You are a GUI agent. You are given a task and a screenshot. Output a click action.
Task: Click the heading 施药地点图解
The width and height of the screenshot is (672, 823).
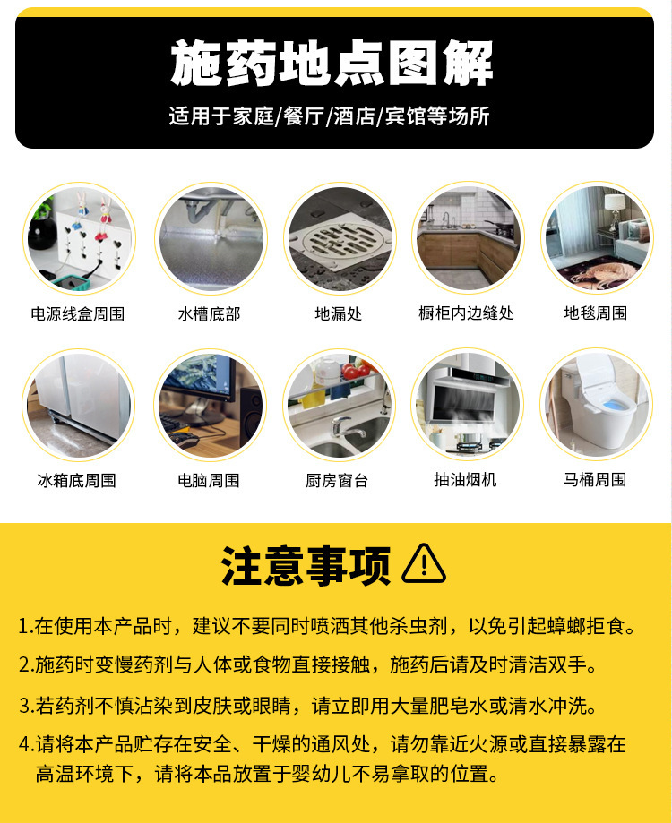coord(332,63)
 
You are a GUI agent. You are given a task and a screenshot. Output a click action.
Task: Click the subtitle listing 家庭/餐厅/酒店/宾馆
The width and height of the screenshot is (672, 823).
coord(329,117)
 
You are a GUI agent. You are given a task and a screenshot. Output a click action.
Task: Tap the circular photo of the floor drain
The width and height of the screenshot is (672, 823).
coord(340,237)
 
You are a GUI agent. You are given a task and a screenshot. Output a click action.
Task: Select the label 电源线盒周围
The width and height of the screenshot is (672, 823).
coord(78,313)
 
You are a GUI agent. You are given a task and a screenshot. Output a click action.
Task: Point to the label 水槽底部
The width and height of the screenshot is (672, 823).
coord(209,313)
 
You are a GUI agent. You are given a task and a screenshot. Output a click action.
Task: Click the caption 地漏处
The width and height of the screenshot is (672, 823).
coord(339,313)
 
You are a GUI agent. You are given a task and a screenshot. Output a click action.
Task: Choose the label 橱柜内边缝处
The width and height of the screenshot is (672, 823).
coord(466,313)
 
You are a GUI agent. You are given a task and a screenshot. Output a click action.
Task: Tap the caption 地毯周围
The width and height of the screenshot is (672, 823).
coord(595,313)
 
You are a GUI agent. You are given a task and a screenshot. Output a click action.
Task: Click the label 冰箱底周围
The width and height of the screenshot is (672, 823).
coord(77,480)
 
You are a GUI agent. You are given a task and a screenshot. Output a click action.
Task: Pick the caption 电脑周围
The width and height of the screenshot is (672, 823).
coord(209,480)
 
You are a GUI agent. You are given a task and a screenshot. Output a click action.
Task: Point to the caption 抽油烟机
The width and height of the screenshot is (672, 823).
coord(465,480)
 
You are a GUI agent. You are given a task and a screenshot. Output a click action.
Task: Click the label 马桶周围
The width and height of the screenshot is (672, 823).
coord(595,480)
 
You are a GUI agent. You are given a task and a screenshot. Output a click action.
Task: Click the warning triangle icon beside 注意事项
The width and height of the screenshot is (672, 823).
coord(424,565)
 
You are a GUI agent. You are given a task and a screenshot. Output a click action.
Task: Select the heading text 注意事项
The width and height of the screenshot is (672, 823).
coord(306,566)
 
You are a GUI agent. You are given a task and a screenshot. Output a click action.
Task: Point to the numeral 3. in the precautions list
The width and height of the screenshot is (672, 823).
coord(25,705)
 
